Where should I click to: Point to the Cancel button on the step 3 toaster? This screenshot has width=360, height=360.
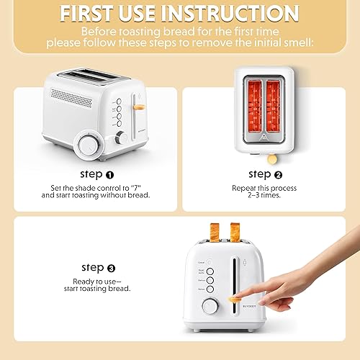click(208, 263)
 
